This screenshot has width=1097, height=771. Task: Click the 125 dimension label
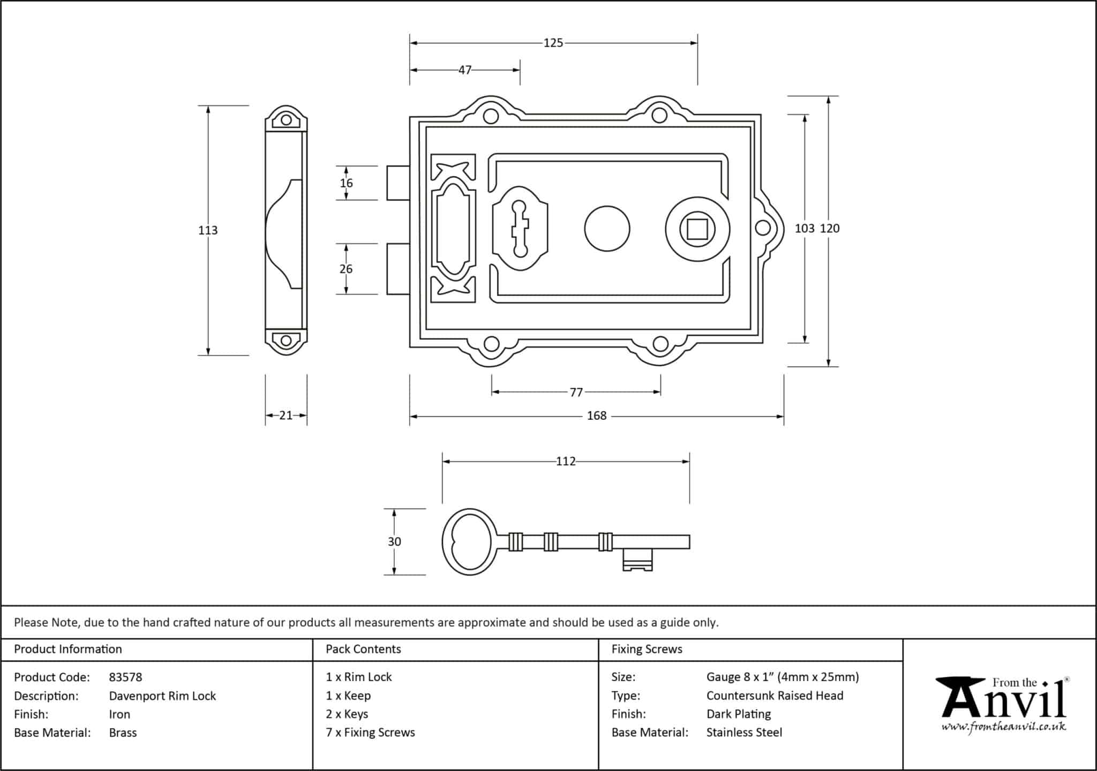[x=553, y=43]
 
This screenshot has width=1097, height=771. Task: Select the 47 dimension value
[x=465, y=70]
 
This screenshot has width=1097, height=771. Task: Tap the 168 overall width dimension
[x=597, y=416]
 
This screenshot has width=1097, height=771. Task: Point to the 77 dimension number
[x=576, y=392]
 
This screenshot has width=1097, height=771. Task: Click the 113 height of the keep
[x=208, y=230]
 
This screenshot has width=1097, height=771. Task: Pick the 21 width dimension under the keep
[x=286, y=415]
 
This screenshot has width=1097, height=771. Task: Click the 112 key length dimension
[x=566, y=462]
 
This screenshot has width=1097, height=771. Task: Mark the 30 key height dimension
[x=394, y=542]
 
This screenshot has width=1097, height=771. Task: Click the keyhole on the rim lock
[x=520, y=228]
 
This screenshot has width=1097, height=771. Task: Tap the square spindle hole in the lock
[x=697, y=229]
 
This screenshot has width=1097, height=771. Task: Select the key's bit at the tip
[x=637, y=560]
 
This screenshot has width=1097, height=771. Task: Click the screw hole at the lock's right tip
[x=762, y=228]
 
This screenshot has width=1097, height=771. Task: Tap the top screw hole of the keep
[x=286, y=120]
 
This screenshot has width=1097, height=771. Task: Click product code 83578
[x=125, y=677]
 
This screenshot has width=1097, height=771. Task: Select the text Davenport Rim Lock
[x=162, y=696]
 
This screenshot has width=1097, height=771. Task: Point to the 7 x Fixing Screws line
[x=370, y=732]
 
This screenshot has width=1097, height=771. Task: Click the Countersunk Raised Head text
[x=775, y=696]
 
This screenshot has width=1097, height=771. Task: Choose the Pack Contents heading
[x=363, y=649]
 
